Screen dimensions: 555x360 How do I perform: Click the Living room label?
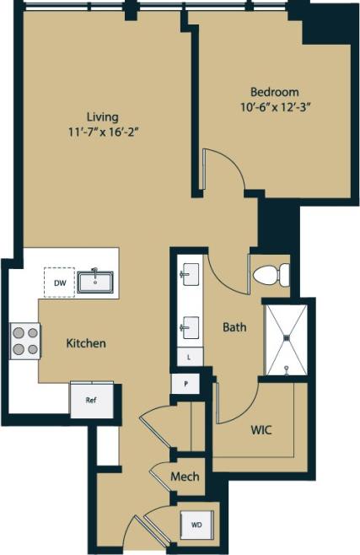[101, 116]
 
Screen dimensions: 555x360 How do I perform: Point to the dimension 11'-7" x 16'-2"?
[102, 132]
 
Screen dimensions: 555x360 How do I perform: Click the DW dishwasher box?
[59, 283]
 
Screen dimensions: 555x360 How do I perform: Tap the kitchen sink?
[96, 280]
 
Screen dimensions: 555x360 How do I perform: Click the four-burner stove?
[25, 341]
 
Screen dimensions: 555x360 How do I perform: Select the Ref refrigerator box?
[91, 401]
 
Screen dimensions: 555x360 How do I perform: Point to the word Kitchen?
[86, 343]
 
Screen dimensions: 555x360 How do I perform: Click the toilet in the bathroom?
[271, 274]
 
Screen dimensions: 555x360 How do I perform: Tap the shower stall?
[287, 338]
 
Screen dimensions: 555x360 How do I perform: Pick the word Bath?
[234, 326]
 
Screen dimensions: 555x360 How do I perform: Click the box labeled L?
[189, 358]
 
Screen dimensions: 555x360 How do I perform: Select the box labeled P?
[185, 384]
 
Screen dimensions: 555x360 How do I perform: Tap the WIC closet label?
[261, 429]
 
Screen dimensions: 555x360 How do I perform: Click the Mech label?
[185, 477]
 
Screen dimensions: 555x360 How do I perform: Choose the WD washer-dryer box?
[197, 524]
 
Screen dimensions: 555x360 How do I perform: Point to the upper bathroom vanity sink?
[190, 274]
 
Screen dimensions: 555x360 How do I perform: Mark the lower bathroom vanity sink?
[190, 325]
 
